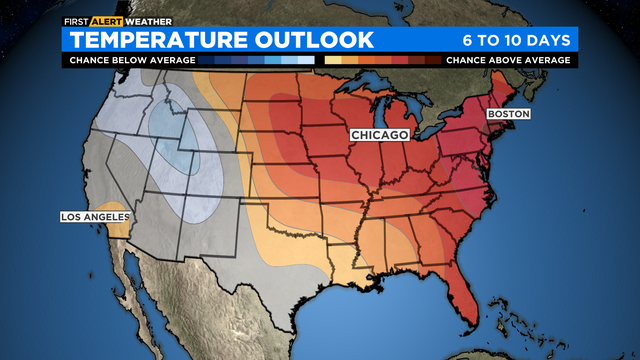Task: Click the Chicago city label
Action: (x=379, y=134)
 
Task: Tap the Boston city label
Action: (x=508, y=114)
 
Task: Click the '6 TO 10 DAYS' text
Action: (x=516, y=40)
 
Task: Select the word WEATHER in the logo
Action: (x=147, y=20)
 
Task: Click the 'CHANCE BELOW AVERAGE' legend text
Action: (x=129, y=60)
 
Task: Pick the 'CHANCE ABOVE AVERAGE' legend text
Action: (x=508, y=60)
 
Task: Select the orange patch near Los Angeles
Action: (x=119, y=229)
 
